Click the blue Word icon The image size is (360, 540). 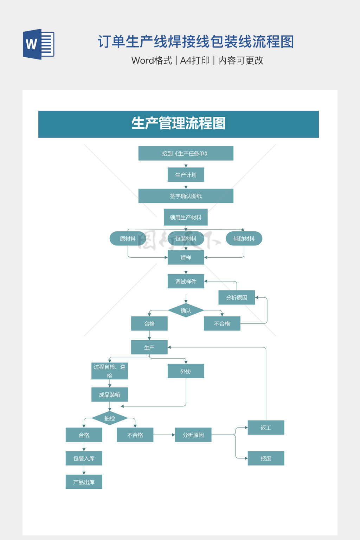39,44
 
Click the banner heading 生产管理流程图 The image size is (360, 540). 179,124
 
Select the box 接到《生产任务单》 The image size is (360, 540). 186,154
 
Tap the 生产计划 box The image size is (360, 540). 186,175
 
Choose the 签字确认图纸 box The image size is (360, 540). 186,196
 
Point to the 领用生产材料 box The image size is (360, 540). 186,217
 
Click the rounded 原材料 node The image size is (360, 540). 128,239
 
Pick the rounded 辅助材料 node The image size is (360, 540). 244,239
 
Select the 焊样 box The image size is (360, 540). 186,258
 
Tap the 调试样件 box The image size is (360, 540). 186,282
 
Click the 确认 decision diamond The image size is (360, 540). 186,310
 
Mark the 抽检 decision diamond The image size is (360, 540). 110,418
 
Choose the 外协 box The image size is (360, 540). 186,371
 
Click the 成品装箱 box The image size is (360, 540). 110,395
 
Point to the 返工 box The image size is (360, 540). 266,428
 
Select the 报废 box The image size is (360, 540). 266,458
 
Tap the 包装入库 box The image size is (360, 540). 84,458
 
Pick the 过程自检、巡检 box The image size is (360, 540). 110,371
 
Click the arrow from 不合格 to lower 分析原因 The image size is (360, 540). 164,435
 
